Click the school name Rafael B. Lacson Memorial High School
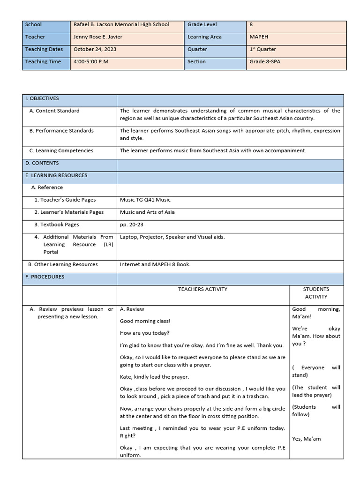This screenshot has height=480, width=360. (x=121, y=24)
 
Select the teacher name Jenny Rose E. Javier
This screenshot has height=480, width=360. (x=101, y=37)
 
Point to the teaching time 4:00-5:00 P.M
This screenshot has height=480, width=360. (x=91, y=61)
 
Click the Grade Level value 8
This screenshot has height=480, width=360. (x=251, y=24)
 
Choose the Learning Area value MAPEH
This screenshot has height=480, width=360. (x=259, y=37)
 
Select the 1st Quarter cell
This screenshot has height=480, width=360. (x=262, y=49)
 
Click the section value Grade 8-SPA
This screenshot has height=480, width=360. (x=265, y=61)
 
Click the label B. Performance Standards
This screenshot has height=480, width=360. (x=61, y=131)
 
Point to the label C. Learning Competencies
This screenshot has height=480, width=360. (x=61, y=150)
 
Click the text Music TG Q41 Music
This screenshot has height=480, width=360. (x=145, y=200)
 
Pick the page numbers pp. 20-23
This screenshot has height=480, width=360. (x=132, y=225)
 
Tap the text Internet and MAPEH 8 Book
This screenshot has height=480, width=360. (x=155, y=264)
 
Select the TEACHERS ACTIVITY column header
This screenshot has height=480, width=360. (x=202, y=289)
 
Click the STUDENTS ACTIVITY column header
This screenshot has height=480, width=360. (x=316, y=293)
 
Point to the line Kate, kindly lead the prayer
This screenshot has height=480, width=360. (x=154, y=377)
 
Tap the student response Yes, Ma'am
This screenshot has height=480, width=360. (x=307, y=439)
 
